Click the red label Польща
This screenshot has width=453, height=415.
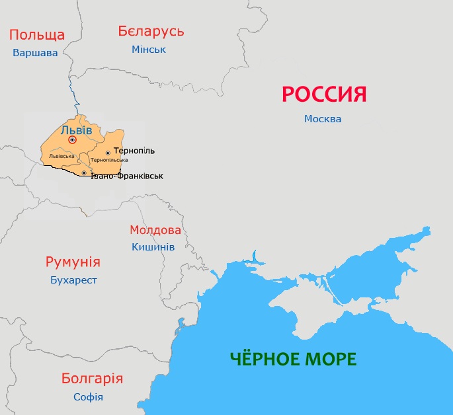coord(37,35)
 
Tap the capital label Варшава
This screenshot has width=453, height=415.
coord(36,53)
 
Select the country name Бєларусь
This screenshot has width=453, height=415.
coord(151,31)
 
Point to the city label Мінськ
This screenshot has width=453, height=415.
coord(149,50)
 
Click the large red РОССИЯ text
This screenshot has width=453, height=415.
coord(324,94)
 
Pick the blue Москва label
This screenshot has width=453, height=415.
coord(323,119)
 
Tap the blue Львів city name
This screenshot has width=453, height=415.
coord(76,130)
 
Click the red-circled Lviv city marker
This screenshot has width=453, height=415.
coord(73,140)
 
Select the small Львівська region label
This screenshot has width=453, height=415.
coord(62,156)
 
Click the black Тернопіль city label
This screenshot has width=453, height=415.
coord(134,151)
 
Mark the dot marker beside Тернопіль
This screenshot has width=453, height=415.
coord(108,153)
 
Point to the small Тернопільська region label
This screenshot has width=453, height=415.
coord(109,161)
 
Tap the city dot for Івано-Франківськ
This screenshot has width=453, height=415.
coord(84,172)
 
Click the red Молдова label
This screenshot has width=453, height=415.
coord(155,230)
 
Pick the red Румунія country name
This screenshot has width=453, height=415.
coord(73,262)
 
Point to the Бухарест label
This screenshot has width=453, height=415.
coord(73,280)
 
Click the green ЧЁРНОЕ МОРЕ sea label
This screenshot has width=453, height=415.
coord(293,359)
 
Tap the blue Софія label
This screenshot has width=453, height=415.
coord(88,397)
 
